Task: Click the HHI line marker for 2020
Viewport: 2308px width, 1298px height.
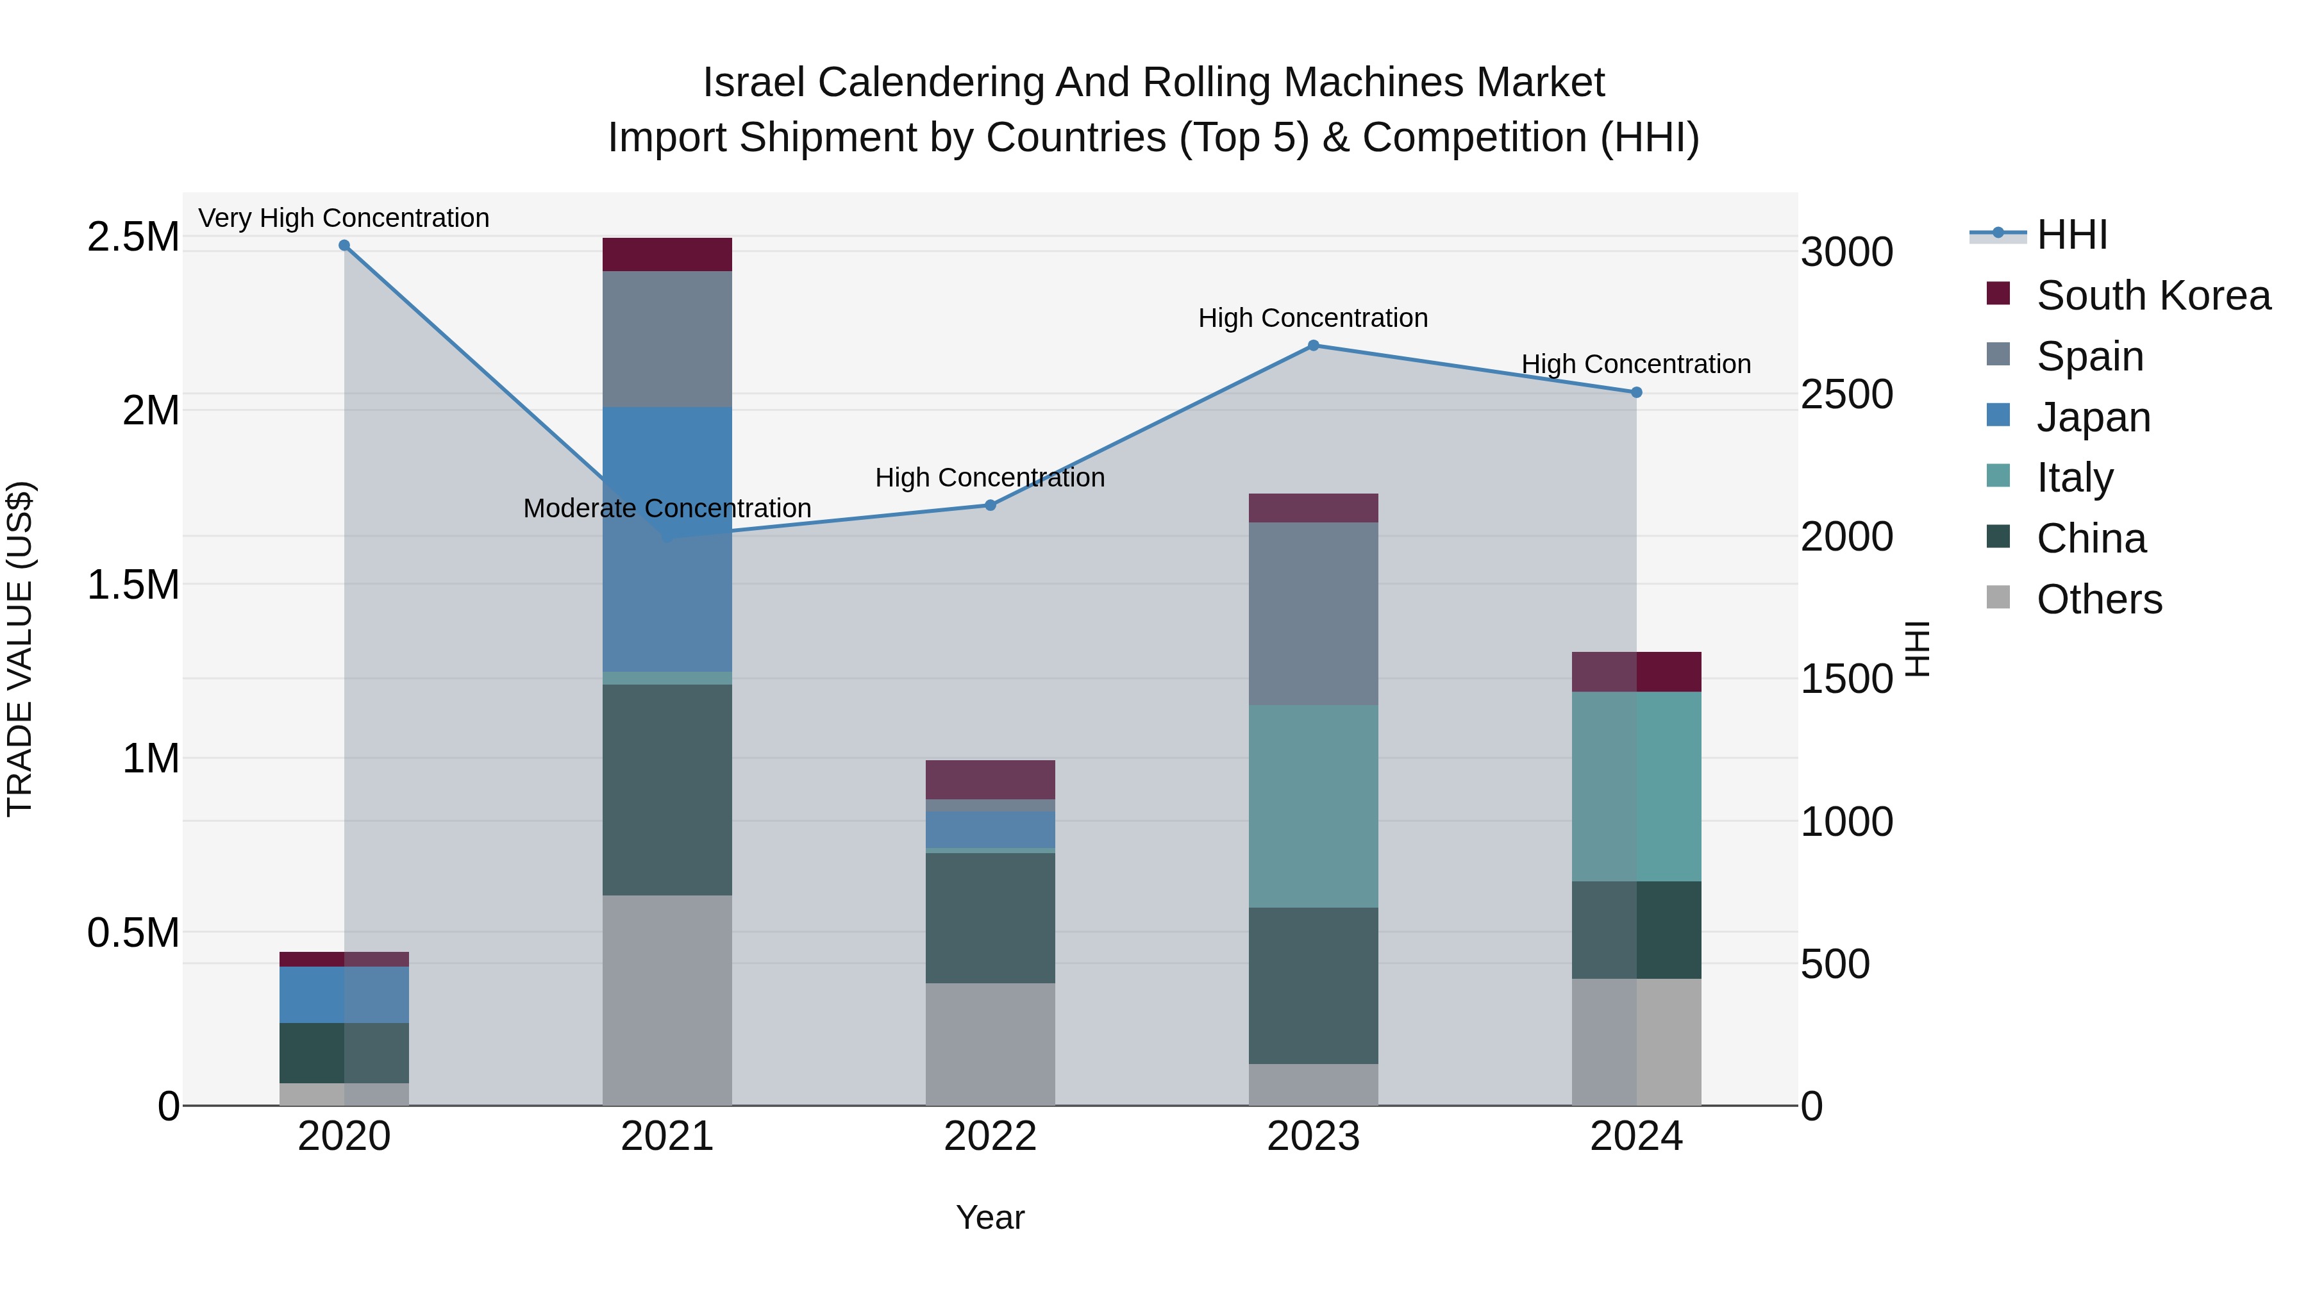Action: coord(344,245)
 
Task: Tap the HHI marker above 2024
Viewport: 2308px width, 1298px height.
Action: coord(1636,392)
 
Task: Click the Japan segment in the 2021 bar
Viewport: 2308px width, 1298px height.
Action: coord(667,538)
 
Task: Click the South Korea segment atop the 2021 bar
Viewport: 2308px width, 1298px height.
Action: coord(667,254)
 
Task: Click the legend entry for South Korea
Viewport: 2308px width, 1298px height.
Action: coord(2153,295)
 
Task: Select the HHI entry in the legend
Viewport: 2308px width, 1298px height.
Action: coord(2071,235)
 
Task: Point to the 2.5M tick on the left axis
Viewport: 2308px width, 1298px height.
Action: coord(133,237)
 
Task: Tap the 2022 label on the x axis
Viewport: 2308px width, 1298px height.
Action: coord(990,1136)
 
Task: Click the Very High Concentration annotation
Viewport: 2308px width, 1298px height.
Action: coord(344,219)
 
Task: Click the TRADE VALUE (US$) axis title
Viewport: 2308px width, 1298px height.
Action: coord(20,649)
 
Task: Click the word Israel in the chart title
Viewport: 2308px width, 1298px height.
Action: coord(755,83)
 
